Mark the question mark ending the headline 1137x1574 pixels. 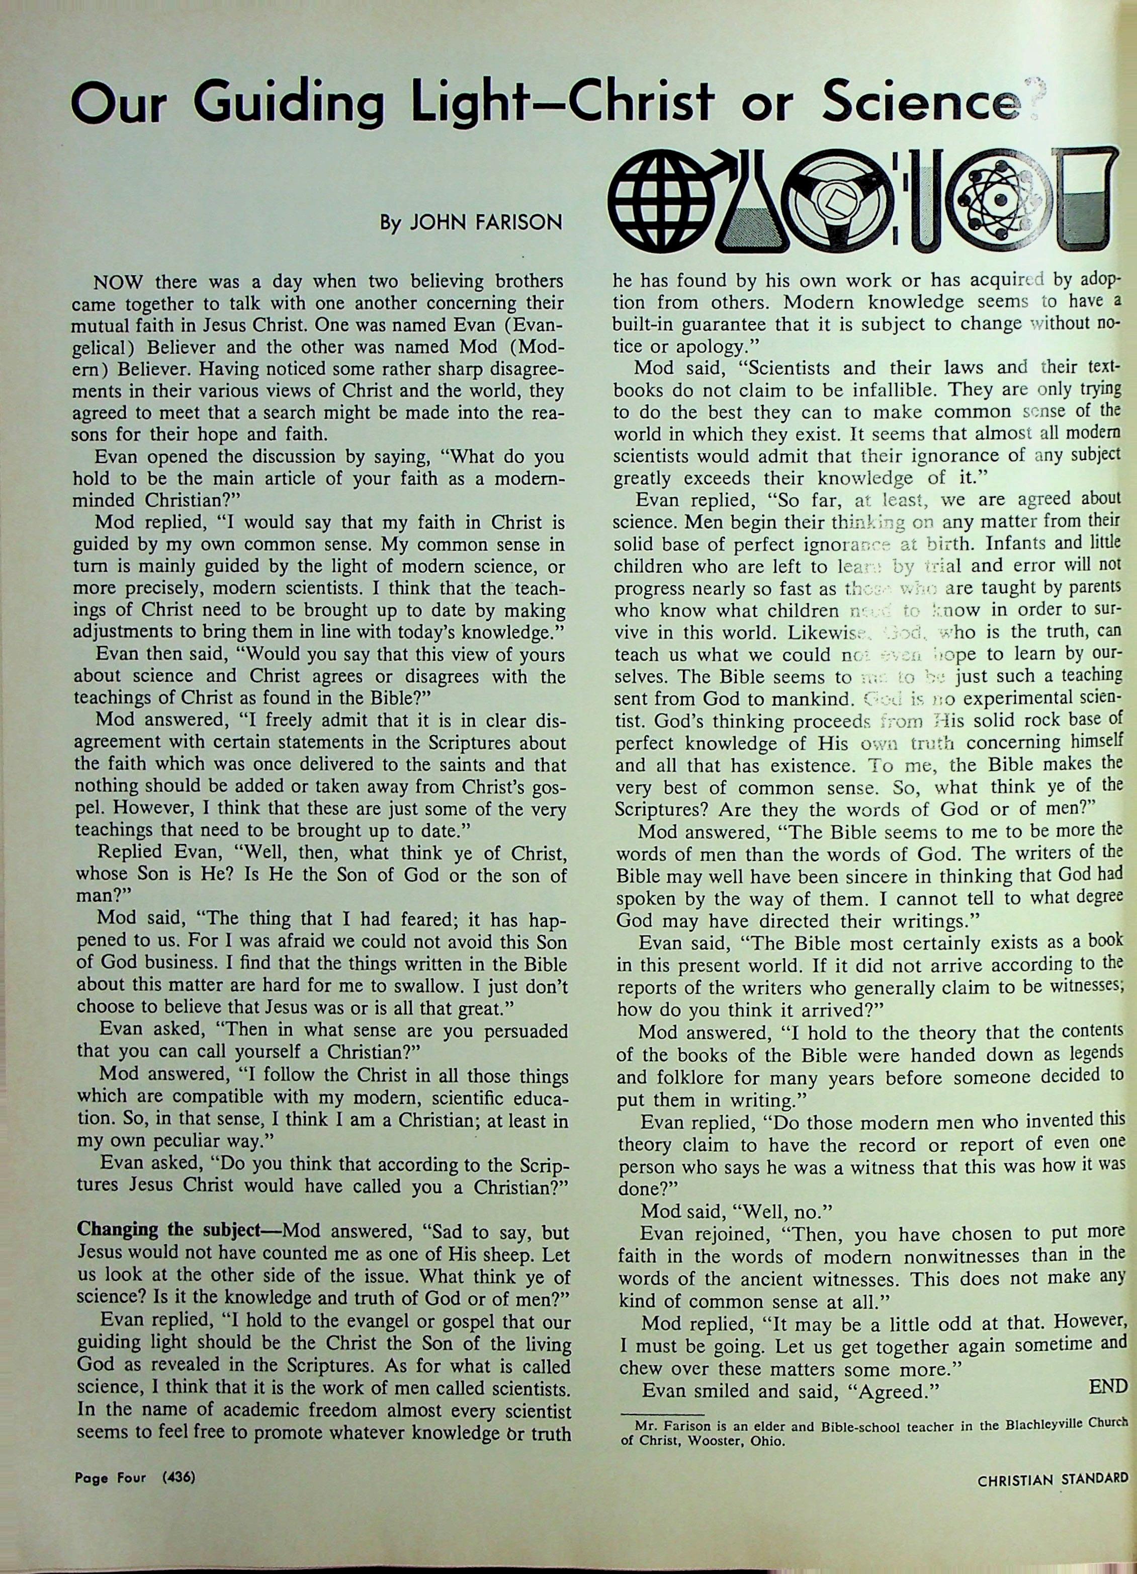1031,98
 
